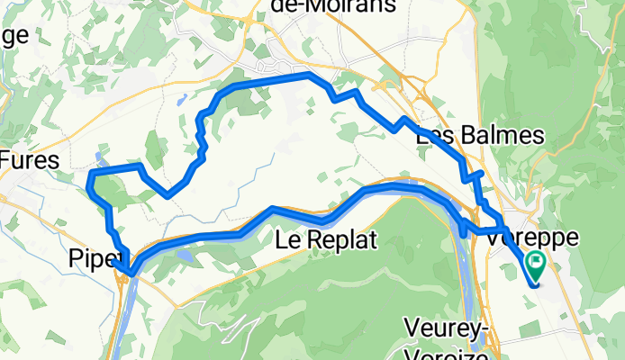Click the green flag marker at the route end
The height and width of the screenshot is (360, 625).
[x=536, y=263]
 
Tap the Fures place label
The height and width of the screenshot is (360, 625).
[x=30, y=161]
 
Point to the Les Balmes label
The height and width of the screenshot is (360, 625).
[x=480, y=136]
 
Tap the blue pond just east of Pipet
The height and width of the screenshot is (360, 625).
[x=184, y=256]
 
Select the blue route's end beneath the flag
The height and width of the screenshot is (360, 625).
[x=536, y=284]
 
